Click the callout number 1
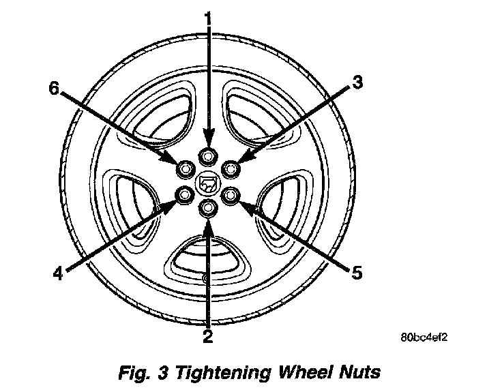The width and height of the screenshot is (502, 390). coord(208,15)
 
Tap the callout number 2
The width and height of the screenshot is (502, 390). coord(207,335)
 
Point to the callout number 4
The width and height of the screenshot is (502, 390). coord(58,273)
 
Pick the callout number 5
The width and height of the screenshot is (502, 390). coord(355,273)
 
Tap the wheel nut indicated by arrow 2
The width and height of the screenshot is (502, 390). coord(207,208)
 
